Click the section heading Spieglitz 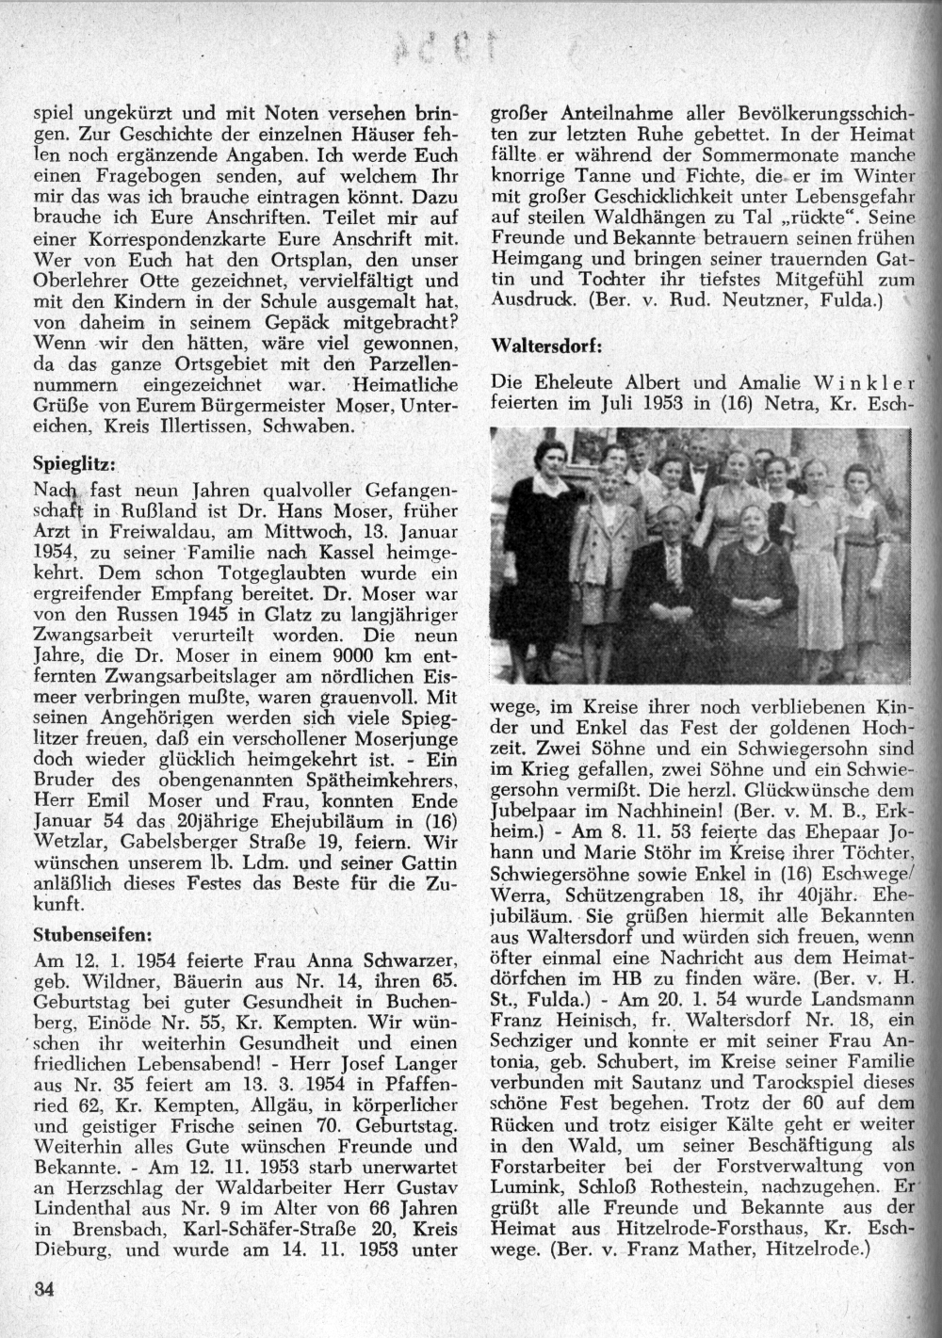tap(74, 464)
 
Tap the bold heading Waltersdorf tap(545, 346)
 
